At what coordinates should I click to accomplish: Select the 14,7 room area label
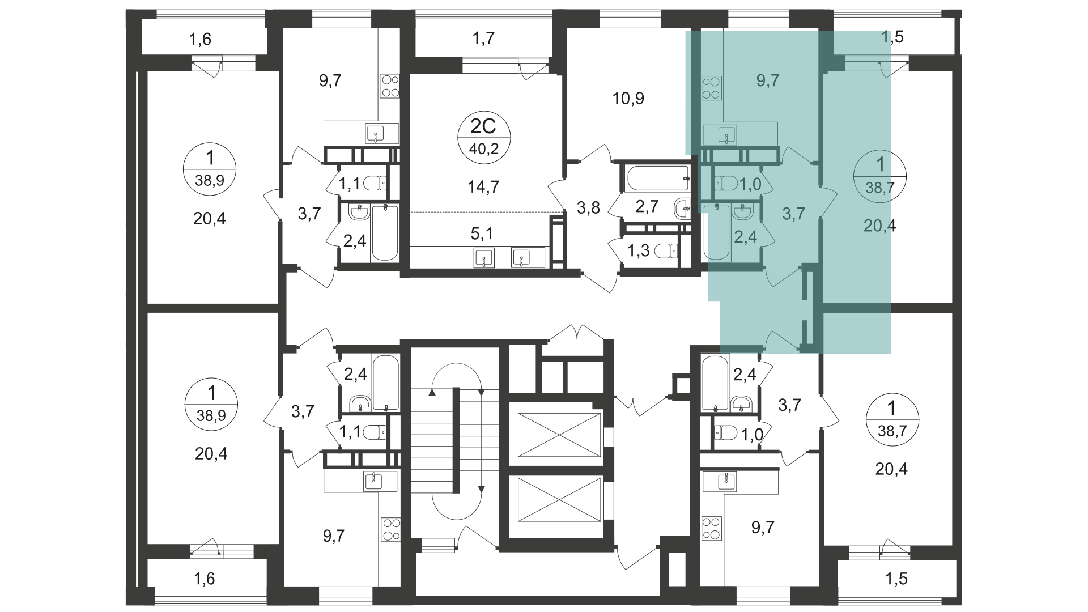click(484, 186)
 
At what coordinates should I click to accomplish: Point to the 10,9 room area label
click(628, 99)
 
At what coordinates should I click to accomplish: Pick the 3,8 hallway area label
click(588, 208)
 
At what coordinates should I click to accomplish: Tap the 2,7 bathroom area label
click(647, 206)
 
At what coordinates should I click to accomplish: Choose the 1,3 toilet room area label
click(639, 250)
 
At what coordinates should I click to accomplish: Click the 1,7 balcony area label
click(483, 38)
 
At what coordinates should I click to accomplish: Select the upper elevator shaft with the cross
click(559, 434)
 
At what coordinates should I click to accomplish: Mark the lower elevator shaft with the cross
click(559, 499)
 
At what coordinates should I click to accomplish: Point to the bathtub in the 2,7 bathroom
click(658, 178)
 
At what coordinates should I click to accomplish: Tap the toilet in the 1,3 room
click(666, 250)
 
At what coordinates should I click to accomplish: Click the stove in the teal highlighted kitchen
click(711, 88)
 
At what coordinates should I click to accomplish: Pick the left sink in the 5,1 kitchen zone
click(484, 257)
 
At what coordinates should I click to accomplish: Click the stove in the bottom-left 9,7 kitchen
click(391, 529)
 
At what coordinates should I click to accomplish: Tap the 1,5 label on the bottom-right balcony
click(896, 579)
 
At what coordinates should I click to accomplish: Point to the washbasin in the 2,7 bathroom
click(682, 209)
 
